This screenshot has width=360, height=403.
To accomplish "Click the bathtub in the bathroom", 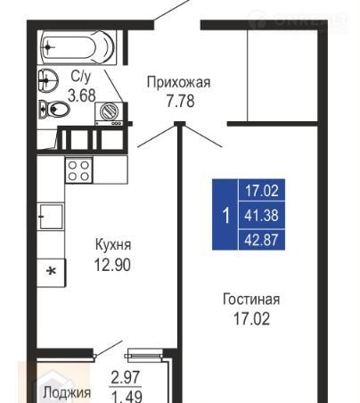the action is point(78,47).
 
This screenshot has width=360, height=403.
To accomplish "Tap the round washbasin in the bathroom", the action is point(47,79).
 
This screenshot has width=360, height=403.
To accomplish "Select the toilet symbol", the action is point(54,110).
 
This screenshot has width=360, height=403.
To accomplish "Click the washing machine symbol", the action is point(109,113).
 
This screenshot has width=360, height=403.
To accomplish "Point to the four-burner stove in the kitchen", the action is point(78,170).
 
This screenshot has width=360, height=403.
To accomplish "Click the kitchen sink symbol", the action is point(51,217).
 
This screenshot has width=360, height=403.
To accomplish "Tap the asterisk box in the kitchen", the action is point(51,272).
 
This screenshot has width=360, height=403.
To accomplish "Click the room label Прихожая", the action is point(179,82).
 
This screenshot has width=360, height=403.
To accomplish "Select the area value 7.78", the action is point(181,101).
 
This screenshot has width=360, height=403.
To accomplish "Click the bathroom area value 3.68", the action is point(82,95).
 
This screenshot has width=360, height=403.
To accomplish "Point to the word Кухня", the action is point(113,245).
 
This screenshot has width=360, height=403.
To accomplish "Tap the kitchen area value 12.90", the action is point(112,265).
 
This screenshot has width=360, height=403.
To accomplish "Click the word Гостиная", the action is point(251,300).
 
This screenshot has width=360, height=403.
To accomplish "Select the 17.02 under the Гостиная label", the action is point(251,319).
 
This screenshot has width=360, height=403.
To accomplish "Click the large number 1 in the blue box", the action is point(226,216).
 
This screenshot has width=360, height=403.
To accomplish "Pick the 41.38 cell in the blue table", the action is point(261,215).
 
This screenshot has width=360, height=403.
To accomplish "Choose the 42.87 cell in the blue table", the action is point(261,240).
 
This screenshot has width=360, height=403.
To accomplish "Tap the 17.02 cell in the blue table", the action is point(261,190).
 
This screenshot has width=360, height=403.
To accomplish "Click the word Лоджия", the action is point(67,392).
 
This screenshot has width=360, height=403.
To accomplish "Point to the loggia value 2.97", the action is point(125,377).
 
